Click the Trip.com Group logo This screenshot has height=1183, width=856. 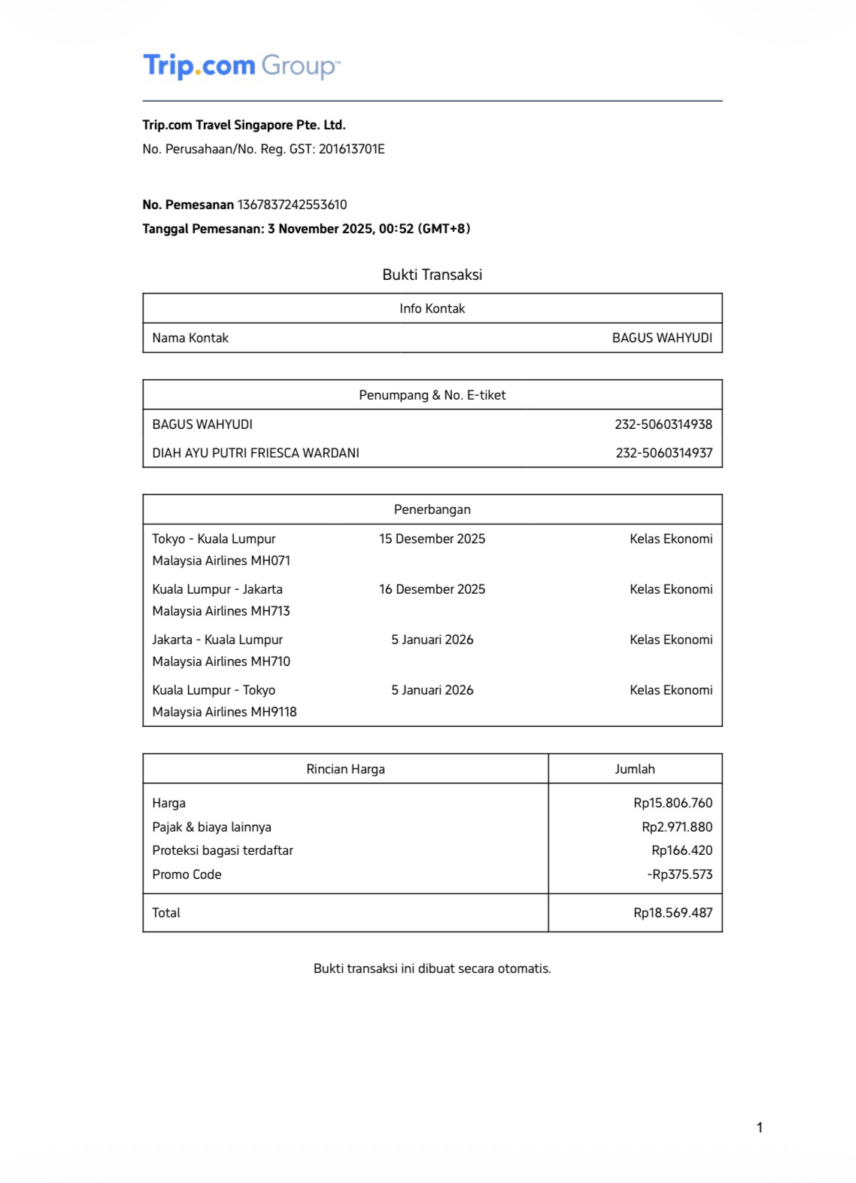(x=241, y=66)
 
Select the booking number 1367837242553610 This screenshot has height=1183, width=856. (x=292, y=205)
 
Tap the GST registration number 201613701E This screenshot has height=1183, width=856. (x=351, y=149)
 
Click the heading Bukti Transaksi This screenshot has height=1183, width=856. (x=432, y=275)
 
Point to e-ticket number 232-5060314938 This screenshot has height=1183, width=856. (x=663, y=424)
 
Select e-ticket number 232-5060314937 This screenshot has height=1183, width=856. (x=663, y=453)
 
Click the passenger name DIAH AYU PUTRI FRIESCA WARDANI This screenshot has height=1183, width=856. (x=256, y=453)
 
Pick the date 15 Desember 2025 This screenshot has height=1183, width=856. (x=432, y=539)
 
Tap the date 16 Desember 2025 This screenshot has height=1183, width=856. (x=432, y=589)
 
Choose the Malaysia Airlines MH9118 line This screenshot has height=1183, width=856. (x=224, y=712)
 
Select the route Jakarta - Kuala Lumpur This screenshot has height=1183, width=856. (x=217, y=640)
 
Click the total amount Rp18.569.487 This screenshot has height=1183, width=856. (x=672, y=913)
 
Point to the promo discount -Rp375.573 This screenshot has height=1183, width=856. (x=679, y=874)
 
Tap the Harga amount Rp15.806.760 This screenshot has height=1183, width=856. (x=672, y=803)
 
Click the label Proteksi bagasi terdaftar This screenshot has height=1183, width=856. (x=223, y=850)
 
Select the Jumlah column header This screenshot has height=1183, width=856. (x=635, y=769)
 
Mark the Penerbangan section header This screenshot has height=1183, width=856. (x=432, y=509)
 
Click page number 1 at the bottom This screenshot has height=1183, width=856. (x=760, y=1127)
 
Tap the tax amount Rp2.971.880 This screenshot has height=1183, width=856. (x=676, y=827)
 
